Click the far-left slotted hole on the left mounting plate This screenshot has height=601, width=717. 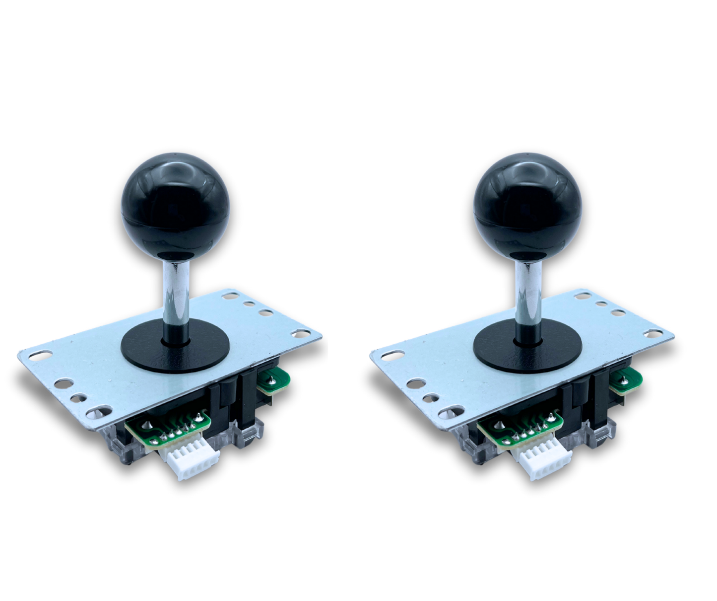pos(42,356)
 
